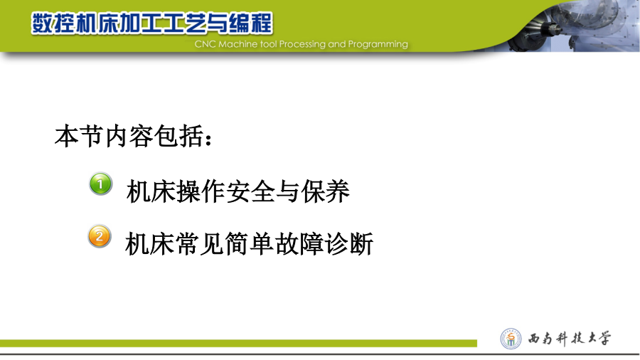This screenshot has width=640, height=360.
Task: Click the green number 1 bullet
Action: point(100,184)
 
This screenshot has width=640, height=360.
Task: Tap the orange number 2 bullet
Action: point(100,236)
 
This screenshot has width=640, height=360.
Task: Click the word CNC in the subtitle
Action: point(206,44)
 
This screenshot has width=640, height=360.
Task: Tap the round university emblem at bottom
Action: point(511,339)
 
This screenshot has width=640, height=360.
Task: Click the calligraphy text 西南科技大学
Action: point(570,339)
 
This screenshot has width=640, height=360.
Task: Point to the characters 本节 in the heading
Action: point(79,136)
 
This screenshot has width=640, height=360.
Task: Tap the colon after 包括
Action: point(209,139)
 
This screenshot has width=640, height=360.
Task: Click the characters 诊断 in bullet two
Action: point(349,243)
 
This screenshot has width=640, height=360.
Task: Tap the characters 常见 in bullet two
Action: point(199,243)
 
